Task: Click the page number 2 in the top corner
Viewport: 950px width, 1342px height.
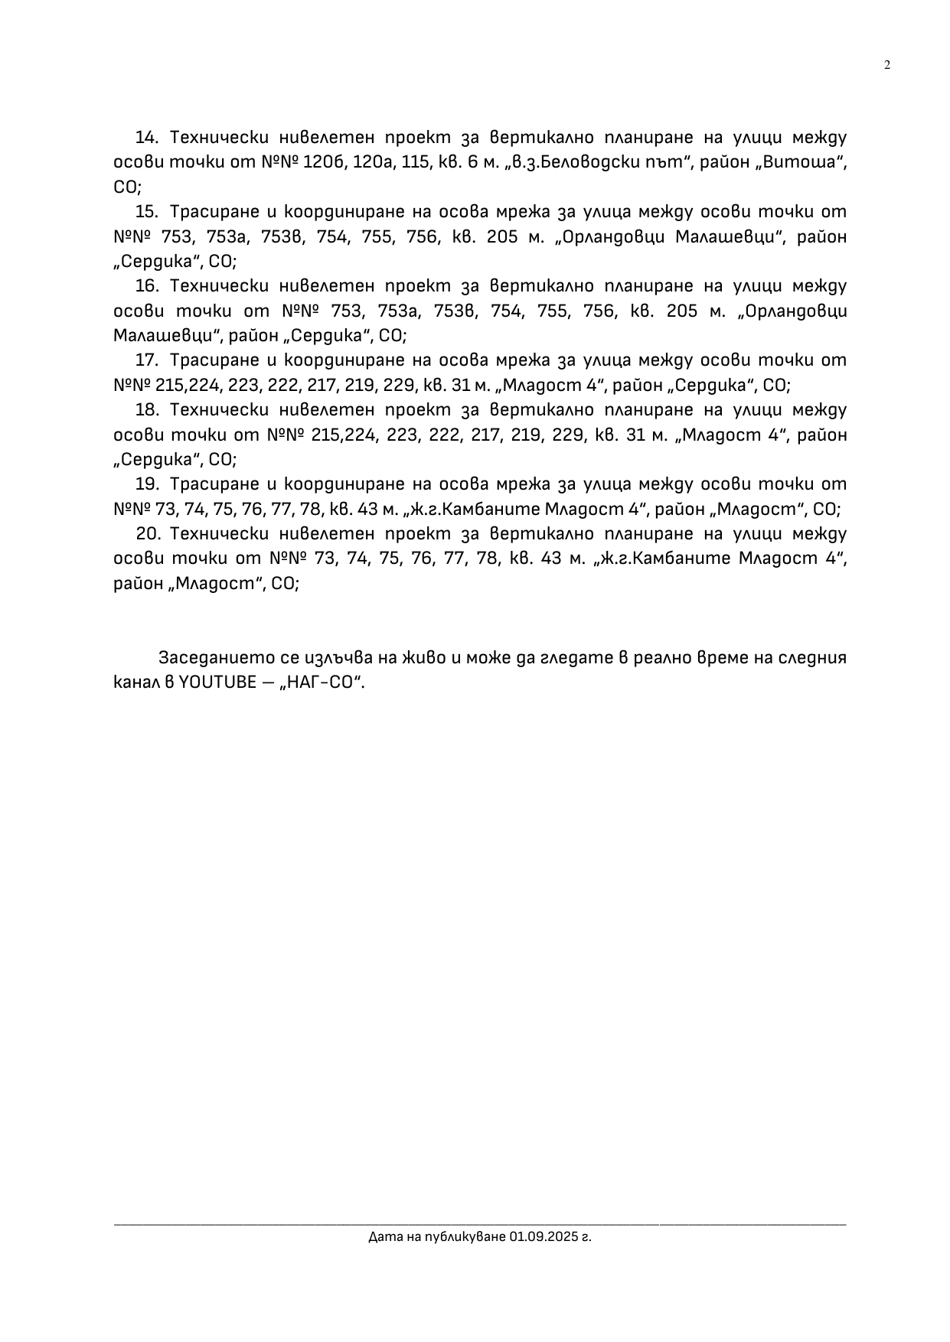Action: [x=887, y=65]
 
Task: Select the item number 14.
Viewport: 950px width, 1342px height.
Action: [x=145, y=138]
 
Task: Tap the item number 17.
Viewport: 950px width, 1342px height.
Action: [x=145, y=360]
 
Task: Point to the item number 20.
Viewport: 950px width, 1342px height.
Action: [x=145, y=533]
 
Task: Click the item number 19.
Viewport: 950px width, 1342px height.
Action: [x=145, y=484]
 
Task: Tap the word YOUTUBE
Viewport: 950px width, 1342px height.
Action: [x=217, y=682]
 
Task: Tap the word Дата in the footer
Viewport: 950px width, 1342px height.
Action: [x=381, y=1236]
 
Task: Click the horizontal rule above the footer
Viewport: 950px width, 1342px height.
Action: [x=480, y=1224]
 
